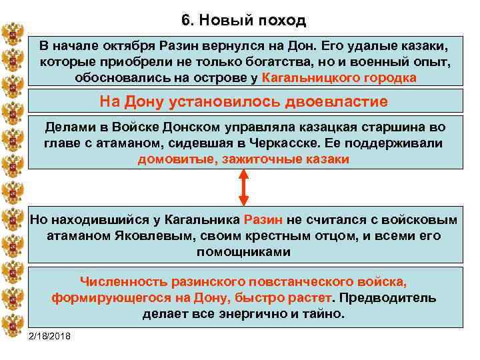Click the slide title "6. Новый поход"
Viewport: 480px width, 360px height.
click(243, 20)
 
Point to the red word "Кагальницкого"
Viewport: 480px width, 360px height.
click(312, 77)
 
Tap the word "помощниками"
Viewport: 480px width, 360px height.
click(243, 252)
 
